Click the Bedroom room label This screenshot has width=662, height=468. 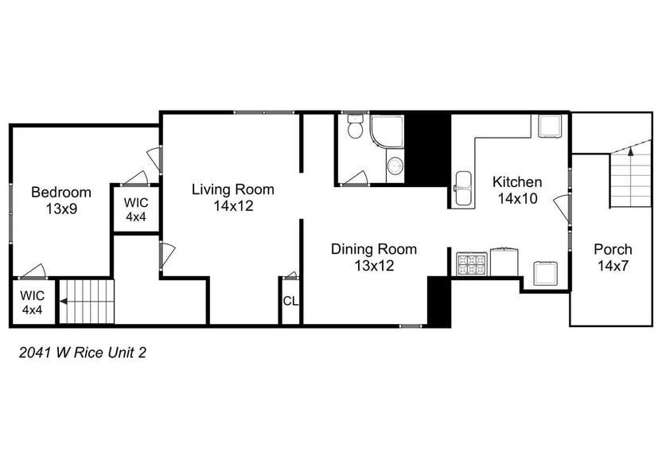[61, 192]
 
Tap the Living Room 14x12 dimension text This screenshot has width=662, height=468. [233, 205]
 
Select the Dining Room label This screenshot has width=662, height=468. [374, 249]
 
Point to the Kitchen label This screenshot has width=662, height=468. [517, 182]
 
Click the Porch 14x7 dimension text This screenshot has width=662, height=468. [613, 266]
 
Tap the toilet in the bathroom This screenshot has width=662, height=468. [354, 127]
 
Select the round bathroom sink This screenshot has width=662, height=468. [395, 166]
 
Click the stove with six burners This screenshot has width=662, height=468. [472, 263]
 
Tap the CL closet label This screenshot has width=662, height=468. [290, 301]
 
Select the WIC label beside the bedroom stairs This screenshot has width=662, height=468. [32, 295]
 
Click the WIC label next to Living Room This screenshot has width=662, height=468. [136, 202]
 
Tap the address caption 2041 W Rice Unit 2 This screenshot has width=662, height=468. [82, 353]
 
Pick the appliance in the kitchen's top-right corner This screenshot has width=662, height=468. [549, 126]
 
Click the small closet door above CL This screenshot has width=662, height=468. [290, 275]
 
